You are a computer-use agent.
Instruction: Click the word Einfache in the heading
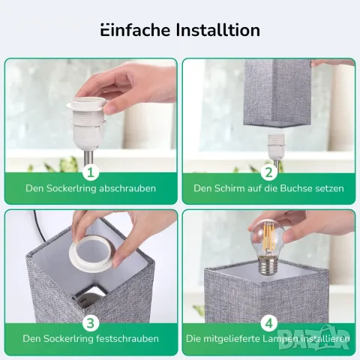pyautogui.click(x=135, y=30)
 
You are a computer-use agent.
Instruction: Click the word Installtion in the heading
pyautogui.click(x=218, y=30)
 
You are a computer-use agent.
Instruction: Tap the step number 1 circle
pyautogui.click(x=91, y=172)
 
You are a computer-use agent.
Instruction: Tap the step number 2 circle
pyautogui.click(x=269, y=172)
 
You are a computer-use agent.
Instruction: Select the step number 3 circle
pyautogui.click(x=91, y=323)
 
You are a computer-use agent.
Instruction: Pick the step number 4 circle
pyautogui.click(x=269, y=323)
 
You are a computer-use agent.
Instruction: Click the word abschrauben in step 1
pyautogui.click(x=127, y=188)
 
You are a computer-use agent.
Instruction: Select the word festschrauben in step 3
pyautogui.click(x=127, y=339)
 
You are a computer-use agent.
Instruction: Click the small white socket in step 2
pyautogui.click(x=276, y=147)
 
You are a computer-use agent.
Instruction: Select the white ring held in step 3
pyautogui.click(x=92, y=254)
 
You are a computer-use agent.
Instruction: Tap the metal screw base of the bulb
pyautogui.click(x=266, y=268)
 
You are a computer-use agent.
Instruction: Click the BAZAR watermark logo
pyautogui.click(x=313, y=338)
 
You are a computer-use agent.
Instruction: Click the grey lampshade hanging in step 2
pyautogui.click(x=277, y=93)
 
